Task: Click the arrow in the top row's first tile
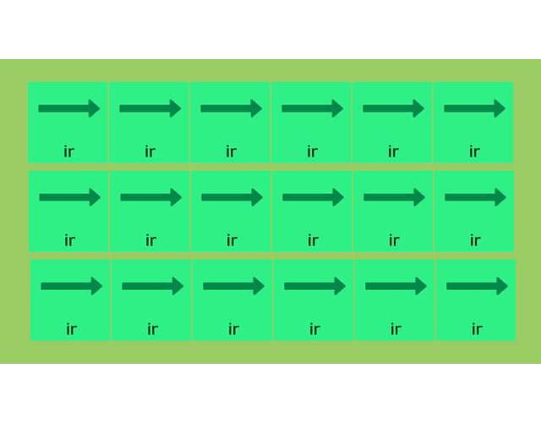[68, 108]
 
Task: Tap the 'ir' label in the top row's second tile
[150, 152]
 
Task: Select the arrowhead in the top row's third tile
[256, 108]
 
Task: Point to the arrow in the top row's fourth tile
[312, 108]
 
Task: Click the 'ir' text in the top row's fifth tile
[393, 152]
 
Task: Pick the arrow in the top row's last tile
[474, 108]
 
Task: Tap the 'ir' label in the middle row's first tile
[69, 241]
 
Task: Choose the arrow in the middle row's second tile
[150, 197]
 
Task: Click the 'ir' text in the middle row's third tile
[232, 241]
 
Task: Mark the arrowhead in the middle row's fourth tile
[338, 197]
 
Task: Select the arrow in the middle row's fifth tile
[394, 197]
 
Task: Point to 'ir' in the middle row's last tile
[475, 241]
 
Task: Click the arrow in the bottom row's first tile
[71, 286]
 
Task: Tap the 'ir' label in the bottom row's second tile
[152, 330]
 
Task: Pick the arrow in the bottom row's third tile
[233, 286]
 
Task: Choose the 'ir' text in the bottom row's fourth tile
[314, 330]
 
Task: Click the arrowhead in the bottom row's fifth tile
[421, 286]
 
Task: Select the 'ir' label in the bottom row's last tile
[477, 330]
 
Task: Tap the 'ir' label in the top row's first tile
[68, 152]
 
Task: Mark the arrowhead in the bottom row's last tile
[502, 286]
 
